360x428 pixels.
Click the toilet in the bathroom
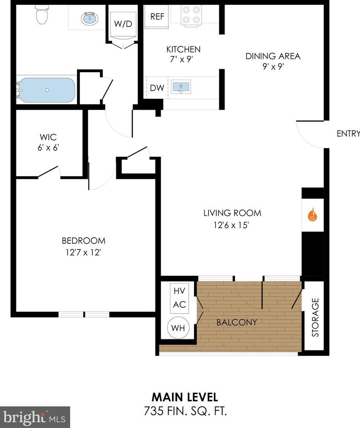(41, 15)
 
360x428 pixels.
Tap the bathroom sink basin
(89, 18)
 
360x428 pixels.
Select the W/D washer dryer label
(123, 24)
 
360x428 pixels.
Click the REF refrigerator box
(157, 17)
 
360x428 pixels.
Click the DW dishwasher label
(157, 87)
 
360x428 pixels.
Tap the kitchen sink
(181, 87)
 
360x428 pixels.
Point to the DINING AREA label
(273, 56)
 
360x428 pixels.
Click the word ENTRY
(348, 133)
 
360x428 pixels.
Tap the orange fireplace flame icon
(312, 214)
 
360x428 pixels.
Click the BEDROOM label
(83, 240)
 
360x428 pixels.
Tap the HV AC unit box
(179, 298)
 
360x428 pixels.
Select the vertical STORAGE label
(315, 318)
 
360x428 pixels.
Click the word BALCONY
(236, 322)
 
